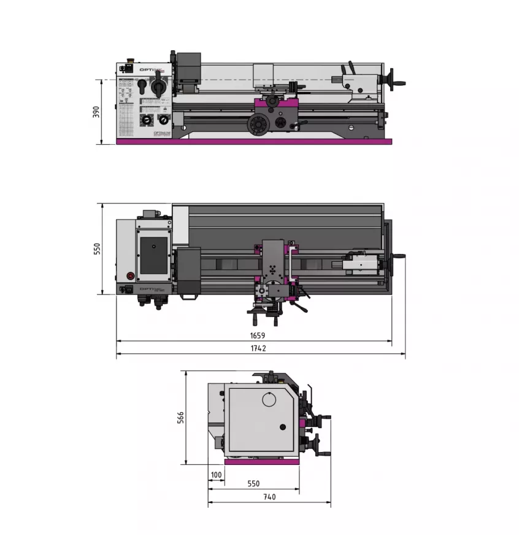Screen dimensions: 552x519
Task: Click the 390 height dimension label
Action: click(96, 112)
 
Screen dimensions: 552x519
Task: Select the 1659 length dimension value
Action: click(258, 335)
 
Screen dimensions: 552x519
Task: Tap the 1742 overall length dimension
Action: click(258, 348)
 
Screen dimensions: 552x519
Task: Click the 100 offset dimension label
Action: click(216, 475)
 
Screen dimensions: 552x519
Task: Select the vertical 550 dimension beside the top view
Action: click(96, 249)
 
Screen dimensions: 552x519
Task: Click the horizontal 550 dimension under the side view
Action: click(253, 483)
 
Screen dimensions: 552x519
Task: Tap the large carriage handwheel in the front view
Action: click(258, 125)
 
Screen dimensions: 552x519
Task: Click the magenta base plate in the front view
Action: click(254, 142)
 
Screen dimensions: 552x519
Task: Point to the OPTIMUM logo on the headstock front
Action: click(161, 132)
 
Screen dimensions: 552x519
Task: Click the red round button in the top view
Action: click(129, 275)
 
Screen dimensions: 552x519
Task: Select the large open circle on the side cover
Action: click(270, 399)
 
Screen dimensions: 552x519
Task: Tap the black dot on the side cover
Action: click(282, 427)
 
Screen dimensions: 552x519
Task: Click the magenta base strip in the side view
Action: click(262, 462)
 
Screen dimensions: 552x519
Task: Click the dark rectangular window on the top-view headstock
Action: click(153, 255)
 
